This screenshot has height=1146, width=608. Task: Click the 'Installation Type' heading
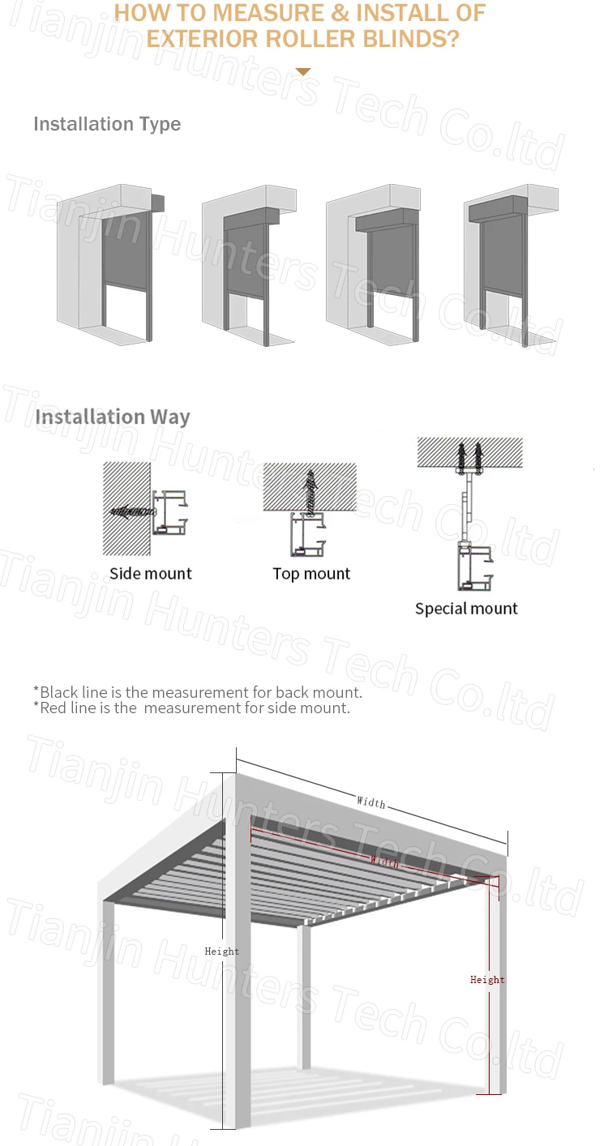[x=106, y=124]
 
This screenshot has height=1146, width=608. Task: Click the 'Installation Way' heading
[x=113, y=417]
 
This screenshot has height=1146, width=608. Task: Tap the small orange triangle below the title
[x=303, y=72]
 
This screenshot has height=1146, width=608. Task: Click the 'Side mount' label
[x=151, y=574]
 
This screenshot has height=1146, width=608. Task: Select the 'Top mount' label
[x=311, y=574]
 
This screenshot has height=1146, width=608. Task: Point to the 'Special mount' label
[x=466, y=609]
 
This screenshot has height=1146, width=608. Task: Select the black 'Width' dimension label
[x=371, y=802]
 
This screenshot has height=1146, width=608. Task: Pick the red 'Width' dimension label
[x=384, y=861]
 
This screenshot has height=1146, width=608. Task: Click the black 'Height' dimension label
[x=221, y=951]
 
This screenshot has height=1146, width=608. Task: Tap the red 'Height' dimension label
[x=487, y=980]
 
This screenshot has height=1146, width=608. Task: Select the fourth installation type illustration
[x=511, y=263]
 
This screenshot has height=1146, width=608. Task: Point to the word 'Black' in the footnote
[x=58, y=692]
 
